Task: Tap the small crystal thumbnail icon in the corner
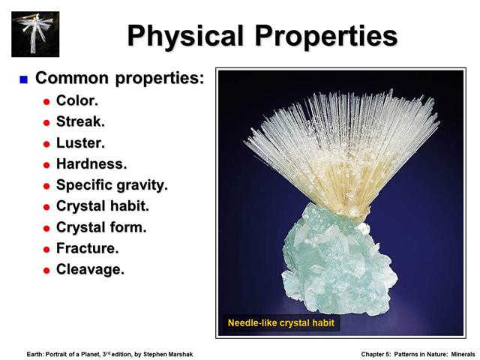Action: tap(35, 33)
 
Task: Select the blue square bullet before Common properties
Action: tap(24, 79)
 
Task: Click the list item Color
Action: tap(77, 100)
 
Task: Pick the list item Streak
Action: tap(80, 121)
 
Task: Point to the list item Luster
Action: tap(80, 142)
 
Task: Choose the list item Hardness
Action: tap(91, 163)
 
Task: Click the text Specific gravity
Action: tap(112, 184)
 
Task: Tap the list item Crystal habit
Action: tap(103, 205)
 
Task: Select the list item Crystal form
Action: tap(101, 227)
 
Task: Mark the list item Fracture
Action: tap(87, 248)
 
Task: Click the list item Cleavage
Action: tap(90, 269)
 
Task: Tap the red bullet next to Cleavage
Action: tap(46, 270)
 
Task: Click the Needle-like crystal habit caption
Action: tap(281, 323)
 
